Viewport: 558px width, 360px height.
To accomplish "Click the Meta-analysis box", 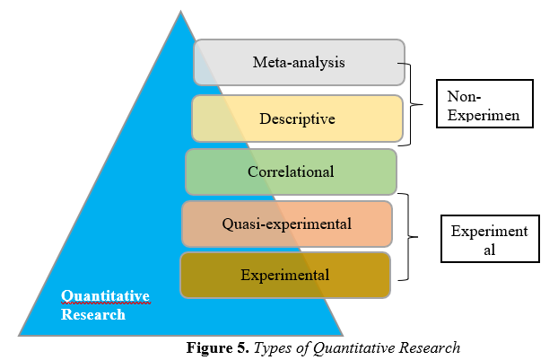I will tap(299, 63).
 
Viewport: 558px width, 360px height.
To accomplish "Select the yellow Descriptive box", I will tap(297, 119).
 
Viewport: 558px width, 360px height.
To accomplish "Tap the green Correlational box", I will tap(291, 171).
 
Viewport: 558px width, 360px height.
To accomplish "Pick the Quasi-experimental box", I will tap(287, 224).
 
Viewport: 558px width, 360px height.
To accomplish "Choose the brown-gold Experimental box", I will tap(285, 275).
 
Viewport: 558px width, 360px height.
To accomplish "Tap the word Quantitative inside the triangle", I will tap(105, 295).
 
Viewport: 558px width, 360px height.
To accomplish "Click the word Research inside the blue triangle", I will tap(93, 314).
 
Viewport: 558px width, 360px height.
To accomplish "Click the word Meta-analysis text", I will tap(299, 63).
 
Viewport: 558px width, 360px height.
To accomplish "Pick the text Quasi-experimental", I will tap(287, 224).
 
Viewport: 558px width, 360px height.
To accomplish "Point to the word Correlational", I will tap(291, 171).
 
